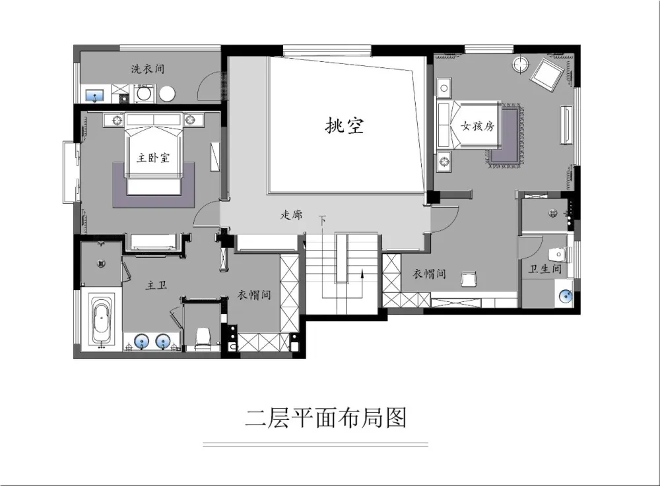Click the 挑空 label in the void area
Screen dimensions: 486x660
[345, 126]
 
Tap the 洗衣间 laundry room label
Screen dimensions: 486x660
[147, 69]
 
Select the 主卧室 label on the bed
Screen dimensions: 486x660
[153, 158]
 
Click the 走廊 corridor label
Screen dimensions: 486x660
[291, 215]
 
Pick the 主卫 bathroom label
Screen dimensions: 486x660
[156, 286]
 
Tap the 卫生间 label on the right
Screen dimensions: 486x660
[545, 270]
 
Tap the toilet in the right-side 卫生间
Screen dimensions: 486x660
[558, 253]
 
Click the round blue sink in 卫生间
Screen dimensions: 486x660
[565, 295]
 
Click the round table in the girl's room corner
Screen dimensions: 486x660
[521, 64]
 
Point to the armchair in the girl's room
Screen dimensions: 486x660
[547, 75]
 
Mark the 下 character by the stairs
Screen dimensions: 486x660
[322, 220]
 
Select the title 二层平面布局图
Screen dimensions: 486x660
[326, 417]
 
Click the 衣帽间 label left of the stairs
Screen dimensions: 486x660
[254, 295]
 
